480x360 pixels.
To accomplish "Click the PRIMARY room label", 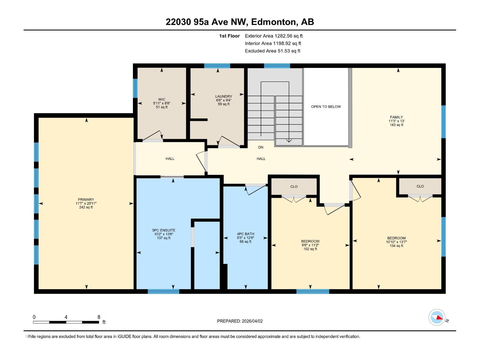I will click(86, 199).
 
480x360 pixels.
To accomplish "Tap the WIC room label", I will click(162, 99).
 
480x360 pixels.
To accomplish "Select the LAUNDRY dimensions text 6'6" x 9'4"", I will click(223, 100).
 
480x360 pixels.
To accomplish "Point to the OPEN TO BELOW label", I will click(326, 106).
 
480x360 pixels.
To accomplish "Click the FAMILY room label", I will click(396, 117).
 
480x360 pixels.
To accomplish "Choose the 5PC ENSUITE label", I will click(163, 230).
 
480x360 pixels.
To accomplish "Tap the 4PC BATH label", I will click(245, 234).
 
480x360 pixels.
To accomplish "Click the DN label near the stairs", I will click(261, 147).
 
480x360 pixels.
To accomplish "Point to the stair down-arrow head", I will click(289, 140).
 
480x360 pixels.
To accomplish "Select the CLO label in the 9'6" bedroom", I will click(294, 187).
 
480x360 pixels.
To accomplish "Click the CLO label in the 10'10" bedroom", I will click(420, 186).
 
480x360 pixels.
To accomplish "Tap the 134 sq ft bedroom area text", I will click(396, 246).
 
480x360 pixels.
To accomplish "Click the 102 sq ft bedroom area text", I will click(310, 249).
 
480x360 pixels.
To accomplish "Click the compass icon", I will click(437, 317).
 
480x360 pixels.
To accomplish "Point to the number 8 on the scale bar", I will click(99, 317).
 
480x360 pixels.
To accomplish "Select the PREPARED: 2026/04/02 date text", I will click(240, 321).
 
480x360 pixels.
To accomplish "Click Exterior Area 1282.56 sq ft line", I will click(274, 36).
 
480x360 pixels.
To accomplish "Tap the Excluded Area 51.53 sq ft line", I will click(272, 51).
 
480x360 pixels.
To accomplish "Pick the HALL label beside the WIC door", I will click(170, 159).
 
